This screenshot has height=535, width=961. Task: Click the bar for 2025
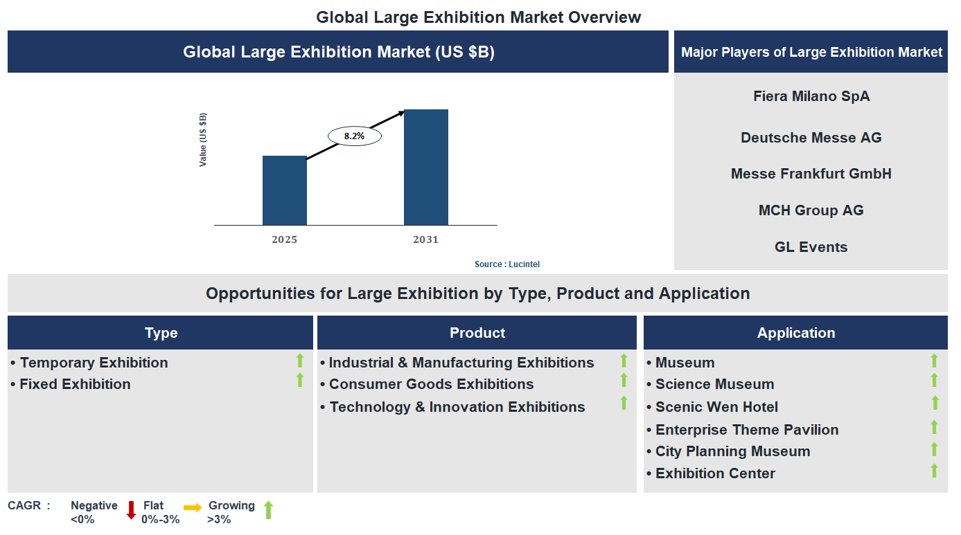[284, 190]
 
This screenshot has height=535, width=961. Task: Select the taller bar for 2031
[425, 167]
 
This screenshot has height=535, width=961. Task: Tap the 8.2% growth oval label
[354, 136]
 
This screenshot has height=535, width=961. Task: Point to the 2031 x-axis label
[425, 239]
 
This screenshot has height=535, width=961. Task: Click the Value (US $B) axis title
[203, 139]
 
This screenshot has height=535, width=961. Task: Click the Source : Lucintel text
[506, 264]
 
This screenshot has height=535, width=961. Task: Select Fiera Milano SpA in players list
[811, 96]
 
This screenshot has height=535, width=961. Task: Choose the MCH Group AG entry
[811, 210]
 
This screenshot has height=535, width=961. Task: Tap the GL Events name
[811, 247]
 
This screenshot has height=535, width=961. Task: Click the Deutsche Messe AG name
[811, 138]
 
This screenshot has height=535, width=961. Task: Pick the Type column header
[161, 333]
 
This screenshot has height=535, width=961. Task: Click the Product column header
[477, 333]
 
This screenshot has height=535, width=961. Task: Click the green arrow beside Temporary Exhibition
[300, 360]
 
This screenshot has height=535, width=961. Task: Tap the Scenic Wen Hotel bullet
[716, 407]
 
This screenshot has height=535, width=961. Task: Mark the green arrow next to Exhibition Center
[934, 471]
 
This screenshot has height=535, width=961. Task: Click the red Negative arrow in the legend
[131, 510]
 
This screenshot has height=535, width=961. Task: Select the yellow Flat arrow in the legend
[193, 507]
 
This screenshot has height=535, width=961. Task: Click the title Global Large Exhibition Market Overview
[479, 17]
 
